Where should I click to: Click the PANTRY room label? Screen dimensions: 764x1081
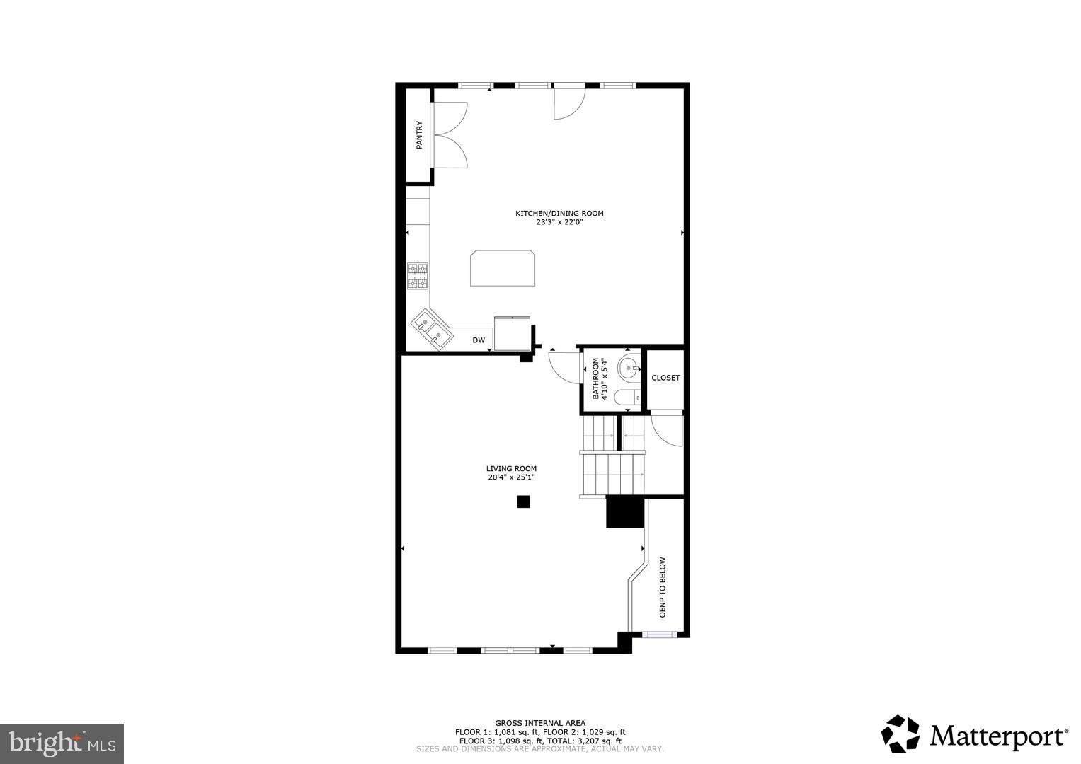point(419,135)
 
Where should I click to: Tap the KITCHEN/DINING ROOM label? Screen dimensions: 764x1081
point(559,213)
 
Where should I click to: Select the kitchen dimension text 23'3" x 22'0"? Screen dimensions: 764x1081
point(559,222)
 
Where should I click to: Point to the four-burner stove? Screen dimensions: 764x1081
point(418,276)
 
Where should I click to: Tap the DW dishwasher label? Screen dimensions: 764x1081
point(479,341)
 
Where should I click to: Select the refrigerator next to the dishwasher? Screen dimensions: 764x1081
point(513,333)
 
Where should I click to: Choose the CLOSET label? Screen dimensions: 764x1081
point(665,378)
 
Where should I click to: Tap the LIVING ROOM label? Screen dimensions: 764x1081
point(511,468)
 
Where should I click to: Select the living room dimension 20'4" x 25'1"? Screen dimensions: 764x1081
point(511,477)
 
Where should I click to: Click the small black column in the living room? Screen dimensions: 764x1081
point(522,502)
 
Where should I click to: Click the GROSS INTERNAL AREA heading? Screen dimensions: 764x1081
point(540,723)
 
